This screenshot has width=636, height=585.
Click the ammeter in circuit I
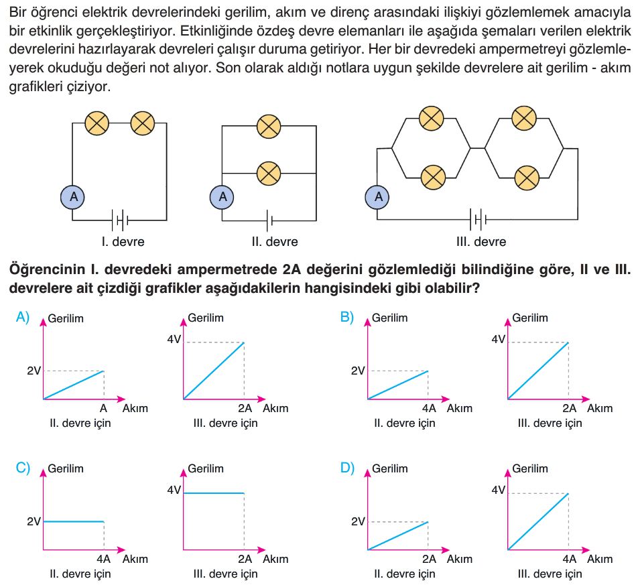pyautogui.click(x=72, y=197)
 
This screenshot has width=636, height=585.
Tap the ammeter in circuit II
pyautogui.click(x=222, y=197)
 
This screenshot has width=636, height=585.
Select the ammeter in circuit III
pyautogui.click(x=377, y=197)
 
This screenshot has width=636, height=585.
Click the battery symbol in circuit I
pyautogui.click(x=120, y=220)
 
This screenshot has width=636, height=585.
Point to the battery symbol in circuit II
pyautogui.click(x=269, y=220)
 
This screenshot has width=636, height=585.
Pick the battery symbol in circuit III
pyautogui.click(x=479, y=220)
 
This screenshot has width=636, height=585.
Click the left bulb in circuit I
pyautogui.click(x=97, y=123)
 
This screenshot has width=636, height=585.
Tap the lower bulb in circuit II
pyautogui.click(x=269, y=174)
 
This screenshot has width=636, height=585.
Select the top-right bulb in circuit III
pyautogui.click(x=524, y=119)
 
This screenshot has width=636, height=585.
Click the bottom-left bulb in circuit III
pyautogui.click(x=433, y=178)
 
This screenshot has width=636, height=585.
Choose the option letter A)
pyautogui.click(x=23, y=317)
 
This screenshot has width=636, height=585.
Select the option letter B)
pyautogui.click(x=347, y=317)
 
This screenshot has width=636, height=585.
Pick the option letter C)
pyautogui.click(x=23, y=468)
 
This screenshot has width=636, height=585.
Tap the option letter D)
pyautogui.click(x=347, y=468)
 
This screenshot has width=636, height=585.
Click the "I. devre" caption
pyautogui.click(x=123, y=242)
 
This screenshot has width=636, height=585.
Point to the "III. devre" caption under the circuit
pyautogui.click(x=481, y=242)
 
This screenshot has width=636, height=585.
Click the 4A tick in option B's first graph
pyautogui.click(x=429, y=409)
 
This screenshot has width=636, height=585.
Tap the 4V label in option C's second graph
pyautogui.click(x=174, y=490)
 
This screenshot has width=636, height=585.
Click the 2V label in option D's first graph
pyautogui.click(x=358, y=521)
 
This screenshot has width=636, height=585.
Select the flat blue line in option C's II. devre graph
pyautogui.click(x=74, y=522)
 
